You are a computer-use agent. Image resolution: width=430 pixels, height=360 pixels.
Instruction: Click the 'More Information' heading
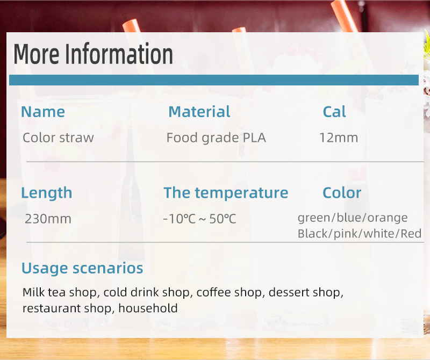click(x=93, y=54)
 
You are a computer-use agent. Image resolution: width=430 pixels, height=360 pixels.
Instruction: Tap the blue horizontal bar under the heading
click(x=214, y=80)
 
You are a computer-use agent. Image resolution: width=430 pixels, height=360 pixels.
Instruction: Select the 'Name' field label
click(x=43, y=112)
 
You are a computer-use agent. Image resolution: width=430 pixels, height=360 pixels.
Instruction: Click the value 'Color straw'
click(x=58, y=138)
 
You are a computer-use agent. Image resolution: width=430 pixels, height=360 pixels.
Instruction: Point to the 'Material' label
click(x=199, y=112)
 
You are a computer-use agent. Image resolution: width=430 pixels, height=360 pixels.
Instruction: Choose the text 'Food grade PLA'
click(x=216, y=138)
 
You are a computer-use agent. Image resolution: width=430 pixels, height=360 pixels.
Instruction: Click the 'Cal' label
click(x=334, y=112)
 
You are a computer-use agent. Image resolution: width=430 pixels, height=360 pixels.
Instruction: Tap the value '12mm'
click(x=339, y=138)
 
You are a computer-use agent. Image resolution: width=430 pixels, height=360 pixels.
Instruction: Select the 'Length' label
click(x=47, y=193)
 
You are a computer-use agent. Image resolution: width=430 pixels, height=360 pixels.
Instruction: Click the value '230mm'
click(x=48, y=219)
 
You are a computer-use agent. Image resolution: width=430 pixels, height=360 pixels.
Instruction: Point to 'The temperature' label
click(x=226, y=193)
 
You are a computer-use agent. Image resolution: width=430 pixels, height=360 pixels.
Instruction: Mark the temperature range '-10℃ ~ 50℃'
click(x=199, y=219)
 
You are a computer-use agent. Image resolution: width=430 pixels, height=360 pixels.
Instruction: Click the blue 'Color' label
click(x=342, y=193)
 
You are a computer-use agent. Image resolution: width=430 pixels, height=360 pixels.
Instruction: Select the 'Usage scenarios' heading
click(x=82, y=268)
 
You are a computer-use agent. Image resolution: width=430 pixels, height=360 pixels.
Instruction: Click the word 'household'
click(x=148, y=308)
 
